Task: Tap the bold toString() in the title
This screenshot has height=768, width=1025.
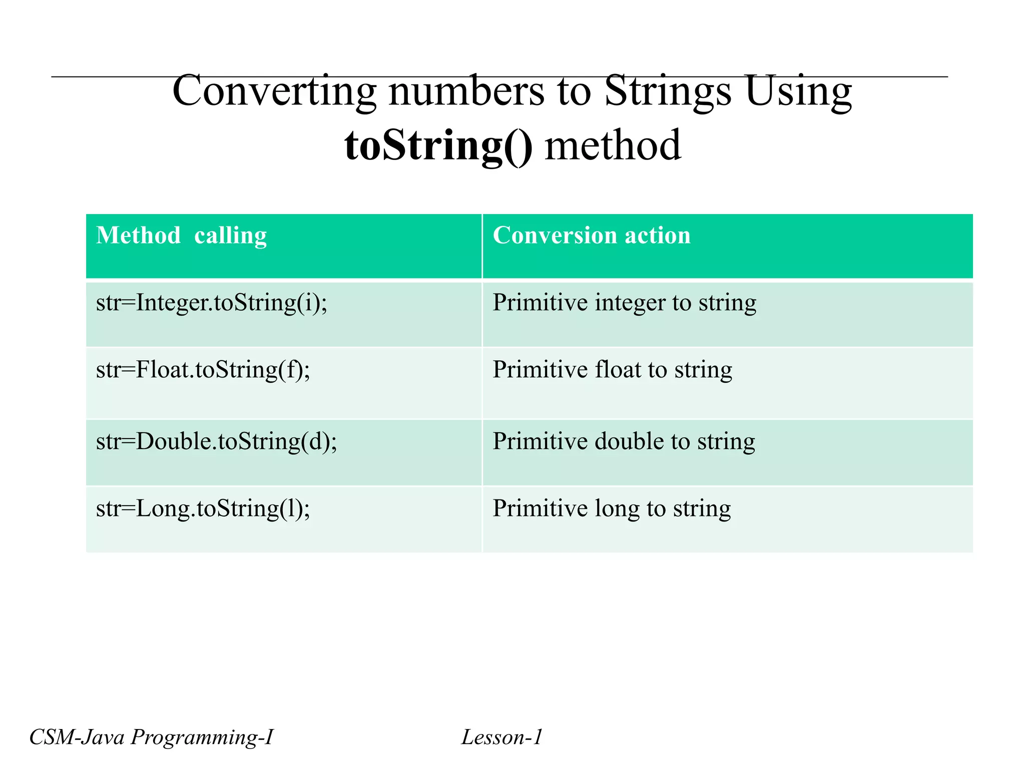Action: click(x=438, y=145)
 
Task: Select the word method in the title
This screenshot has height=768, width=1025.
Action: click(x=613, y=145)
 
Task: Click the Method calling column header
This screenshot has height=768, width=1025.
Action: click(x=181, y=235)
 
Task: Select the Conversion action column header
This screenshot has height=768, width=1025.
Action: click(x=592, y=235)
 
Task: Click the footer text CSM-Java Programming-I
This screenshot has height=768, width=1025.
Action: click(x=151, y=737)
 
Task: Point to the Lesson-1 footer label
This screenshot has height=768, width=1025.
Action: click(x=501, y=737)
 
